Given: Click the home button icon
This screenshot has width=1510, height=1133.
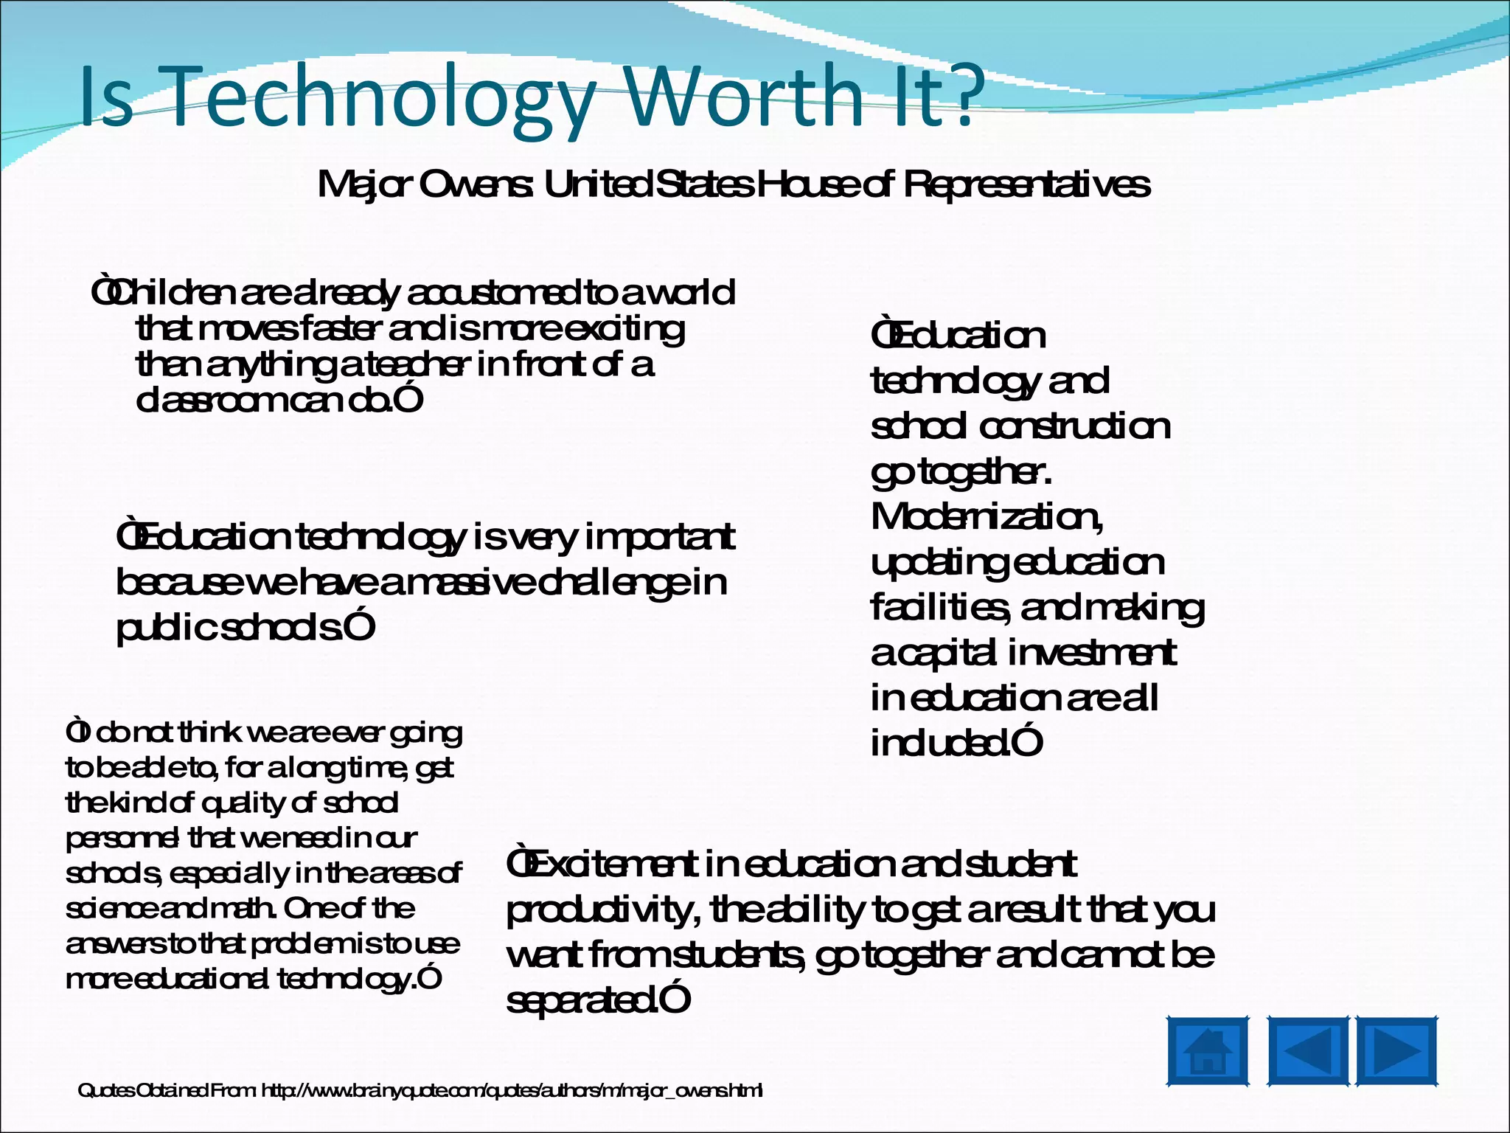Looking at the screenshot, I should coord(1208,1052).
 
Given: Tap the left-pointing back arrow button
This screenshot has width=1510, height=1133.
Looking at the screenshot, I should coord(1308,1052).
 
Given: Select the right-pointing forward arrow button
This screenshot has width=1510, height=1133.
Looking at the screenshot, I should coord(1396,1052).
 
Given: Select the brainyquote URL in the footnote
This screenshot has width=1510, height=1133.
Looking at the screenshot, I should coord(512,1090).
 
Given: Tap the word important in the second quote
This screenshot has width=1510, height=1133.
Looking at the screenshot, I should coord(660,538).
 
